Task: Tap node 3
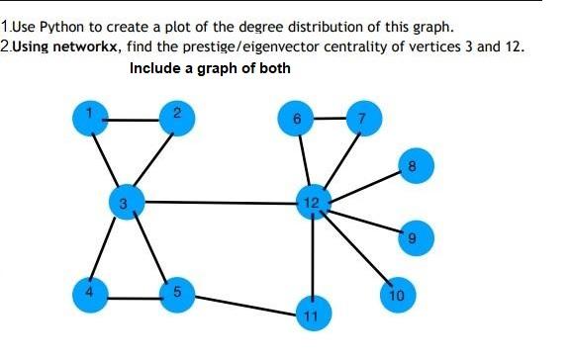[123, 202]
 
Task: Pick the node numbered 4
[91, 294]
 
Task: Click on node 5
[177, 294]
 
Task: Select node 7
[362, 119]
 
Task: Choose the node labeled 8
[412, 164]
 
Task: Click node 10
[396, 295]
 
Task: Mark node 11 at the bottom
[313, 315]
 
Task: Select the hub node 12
[312, 203]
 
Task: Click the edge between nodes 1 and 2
[134, 119]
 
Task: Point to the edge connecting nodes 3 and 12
[218, 203]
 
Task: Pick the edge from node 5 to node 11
[245, 305]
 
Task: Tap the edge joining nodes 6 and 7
[330, 119]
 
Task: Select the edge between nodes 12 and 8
[363, 183]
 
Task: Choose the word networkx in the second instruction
[83, 47]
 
